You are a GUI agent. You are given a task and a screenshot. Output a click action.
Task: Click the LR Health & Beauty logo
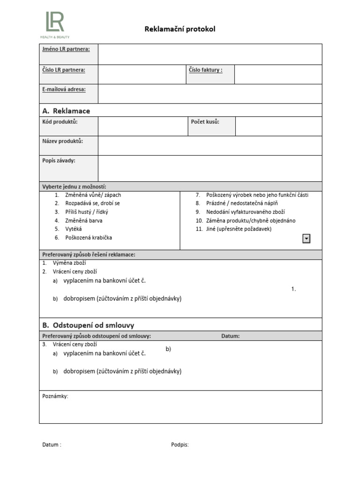(x=55, y=25)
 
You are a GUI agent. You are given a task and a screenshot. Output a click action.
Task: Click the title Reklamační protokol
(x=180, y=30)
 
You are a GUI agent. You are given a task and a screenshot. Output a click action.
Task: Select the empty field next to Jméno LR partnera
(x=210, y=54)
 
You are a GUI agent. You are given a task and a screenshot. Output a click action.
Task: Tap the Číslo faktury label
(x=205, y=70)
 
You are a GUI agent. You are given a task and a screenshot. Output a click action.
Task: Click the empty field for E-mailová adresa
(x=210, y=94)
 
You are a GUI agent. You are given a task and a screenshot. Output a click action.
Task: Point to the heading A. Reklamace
(x=66, y=111)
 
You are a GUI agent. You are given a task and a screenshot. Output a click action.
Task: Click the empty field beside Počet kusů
(x=278, y=127)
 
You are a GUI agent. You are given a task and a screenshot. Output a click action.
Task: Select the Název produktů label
(x=63, y=141)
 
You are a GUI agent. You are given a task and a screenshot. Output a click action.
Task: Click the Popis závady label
(x=59, y=160)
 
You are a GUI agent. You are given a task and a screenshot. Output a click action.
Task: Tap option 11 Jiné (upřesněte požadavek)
(x=239, y=229)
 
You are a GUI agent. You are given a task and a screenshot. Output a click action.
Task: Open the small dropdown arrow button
(x=306, y=239)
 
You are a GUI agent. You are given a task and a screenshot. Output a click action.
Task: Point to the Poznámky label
(x=55, y=396)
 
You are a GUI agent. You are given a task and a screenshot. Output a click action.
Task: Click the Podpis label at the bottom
(x=180, y=445)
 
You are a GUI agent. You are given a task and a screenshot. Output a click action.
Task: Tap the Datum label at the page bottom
(x=52, y=445)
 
